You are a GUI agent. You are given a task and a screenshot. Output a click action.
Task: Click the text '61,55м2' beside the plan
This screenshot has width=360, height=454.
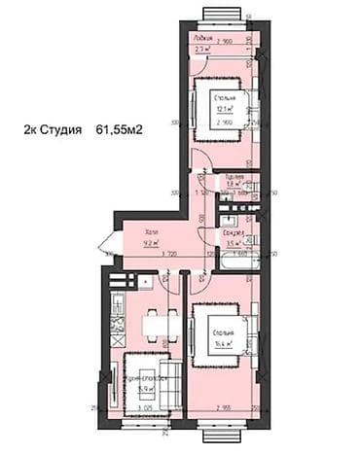click(x=120, y=128)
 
